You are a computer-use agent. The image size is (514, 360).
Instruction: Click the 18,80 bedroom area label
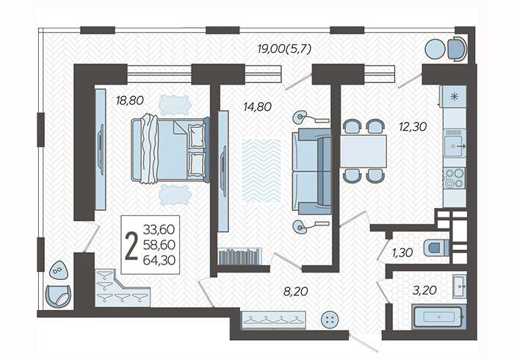coord(130,101)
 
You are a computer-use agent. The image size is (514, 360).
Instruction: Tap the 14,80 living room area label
coord(257,107)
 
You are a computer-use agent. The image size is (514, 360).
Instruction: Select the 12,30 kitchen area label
coord(413,126)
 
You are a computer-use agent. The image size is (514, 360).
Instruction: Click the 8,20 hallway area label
coord(296,291)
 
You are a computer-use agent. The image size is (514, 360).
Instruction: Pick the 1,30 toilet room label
coord(402,253)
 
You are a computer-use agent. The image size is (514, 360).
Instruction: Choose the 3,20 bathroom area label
coord(424,289)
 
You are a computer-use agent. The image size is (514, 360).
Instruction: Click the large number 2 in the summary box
coord(131,246)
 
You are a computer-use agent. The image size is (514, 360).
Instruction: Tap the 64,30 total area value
coord(159,260)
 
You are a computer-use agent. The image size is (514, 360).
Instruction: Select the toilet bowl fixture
coord(436,248)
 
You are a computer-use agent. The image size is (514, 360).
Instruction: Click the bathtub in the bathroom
coord(439,317)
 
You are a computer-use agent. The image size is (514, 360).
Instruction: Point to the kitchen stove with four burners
coord(455,178)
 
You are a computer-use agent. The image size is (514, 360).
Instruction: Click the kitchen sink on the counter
coord(455,143)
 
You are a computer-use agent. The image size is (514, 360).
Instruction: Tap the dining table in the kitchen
coord(363,151)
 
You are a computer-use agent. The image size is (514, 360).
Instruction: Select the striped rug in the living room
coord(261,170)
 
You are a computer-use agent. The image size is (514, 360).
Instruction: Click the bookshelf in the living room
coord(240,256)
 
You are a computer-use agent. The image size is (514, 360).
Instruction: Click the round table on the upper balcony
coord(435,49)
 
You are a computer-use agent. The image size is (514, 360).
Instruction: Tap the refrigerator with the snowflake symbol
coord(454,96)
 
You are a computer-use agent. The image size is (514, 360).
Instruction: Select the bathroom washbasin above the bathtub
coord(460,287)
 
